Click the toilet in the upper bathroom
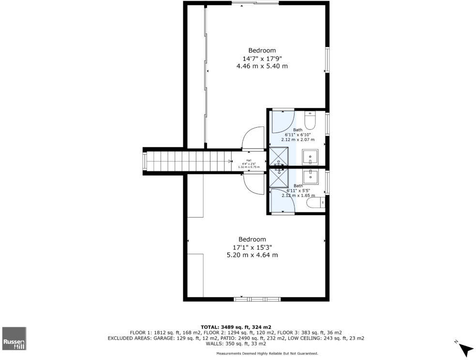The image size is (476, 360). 310,118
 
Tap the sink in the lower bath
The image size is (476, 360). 310,177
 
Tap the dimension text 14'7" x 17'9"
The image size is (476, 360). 262,58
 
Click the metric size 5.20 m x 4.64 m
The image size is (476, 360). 252,255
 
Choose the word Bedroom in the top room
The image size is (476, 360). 262,50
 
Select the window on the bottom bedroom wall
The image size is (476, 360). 256,300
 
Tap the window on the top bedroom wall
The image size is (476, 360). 254,3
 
